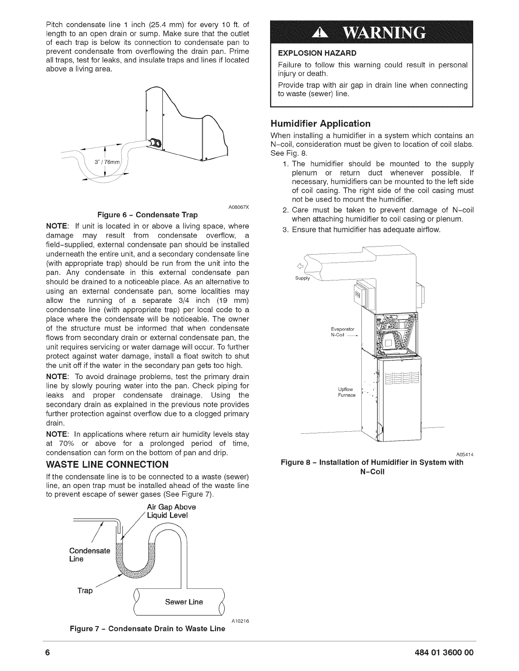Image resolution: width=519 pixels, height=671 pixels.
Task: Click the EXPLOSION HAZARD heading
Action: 317,53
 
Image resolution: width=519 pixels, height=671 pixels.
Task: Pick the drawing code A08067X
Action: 238,207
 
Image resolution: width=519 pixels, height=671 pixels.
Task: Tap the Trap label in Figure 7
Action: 85,591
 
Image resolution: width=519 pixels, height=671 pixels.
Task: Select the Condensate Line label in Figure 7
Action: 89,555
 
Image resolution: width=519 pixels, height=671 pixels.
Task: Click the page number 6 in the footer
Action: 48,652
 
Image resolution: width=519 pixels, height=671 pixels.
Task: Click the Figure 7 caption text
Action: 148,628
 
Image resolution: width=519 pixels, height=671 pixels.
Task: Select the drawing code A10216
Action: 240,621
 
